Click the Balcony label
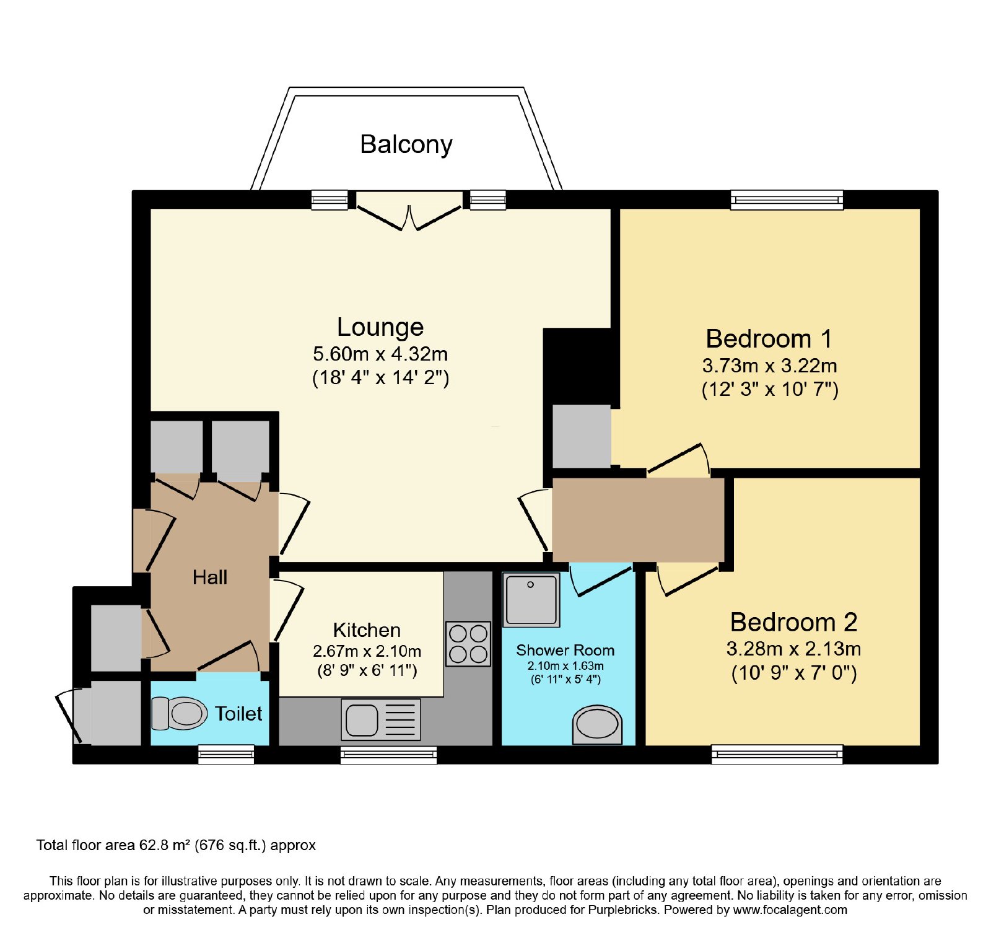[x=406, y=145]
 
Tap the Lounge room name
[x=380, y=327]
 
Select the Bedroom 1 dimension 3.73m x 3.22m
[x=769, y=366]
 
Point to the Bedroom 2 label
[x=793, y=622]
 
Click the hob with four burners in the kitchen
[x=468, y=644]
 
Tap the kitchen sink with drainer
[x=381, y=719]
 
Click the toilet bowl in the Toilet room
[x=180, y=713]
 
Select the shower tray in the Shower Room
[x=531, y=599]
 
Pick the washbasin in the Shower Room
[x=597, y=724]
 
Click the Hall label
[x=210, y=577]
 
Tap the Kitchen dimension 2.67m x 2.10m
[x=367, y=651]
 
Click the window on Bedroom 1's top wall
[x=787, y=200]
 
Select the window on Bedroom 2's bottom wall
[x=777, y=754]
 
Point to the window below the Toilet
[x=226, y=754]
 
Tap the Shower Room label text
[x=565, y=650]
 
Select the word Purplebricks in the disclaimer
[x=622, y=910]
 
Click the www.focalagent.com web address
[x=790, y=910]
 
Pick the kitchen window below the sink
[x=388, y=754]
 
